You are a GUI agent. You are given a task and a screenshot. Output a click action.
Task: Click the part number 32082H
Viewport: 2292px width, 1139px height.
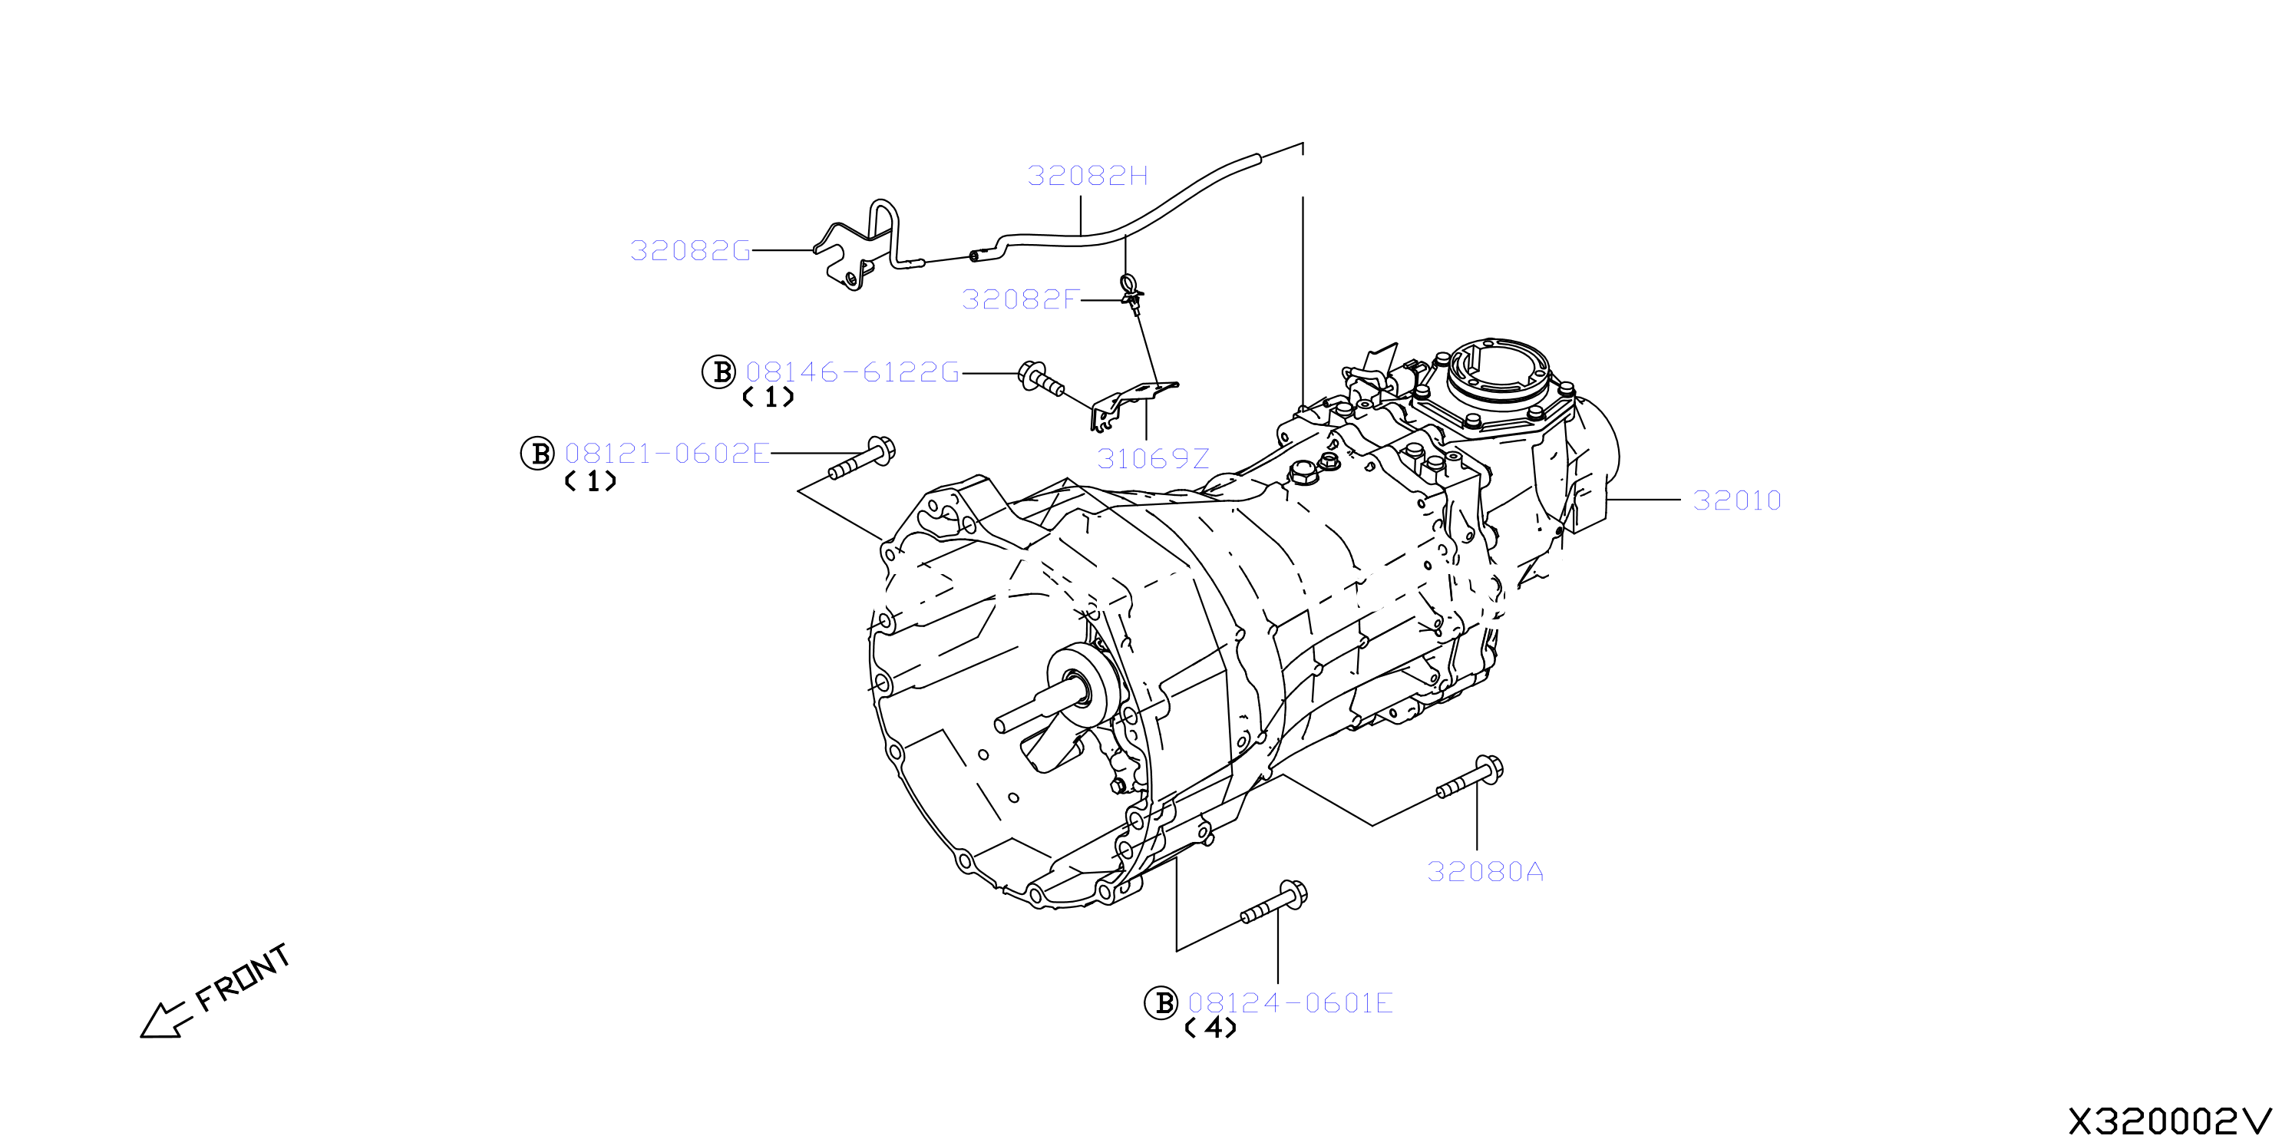tap(1087, 175)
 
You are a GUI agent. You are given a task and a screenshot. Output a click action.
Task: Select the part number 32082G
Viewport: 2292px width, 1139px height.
tap(691, 250)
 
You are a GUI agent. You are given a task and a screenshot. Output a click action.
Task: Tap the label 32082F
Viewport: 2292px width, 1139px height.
tap(1021, 299)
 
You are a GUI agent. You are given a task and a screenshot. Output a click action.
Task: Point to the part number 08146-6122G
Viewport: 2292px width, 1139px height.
tap(852, 372)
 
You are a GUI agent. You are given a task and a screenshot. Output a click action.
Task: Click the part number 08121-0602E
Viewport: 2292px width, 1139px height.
tap(667, 453)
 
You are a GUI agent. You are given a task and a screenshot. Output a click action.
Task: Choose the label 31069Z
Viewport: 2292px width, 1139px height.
tap(1153, 458)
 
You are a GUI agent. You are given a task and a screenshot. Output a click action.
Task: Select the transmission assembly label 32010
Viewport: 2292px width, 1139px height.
tap(1737, 500)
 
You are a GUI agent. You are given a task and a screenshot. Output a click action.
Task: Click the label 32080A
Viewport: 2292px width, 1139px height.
tap(1485, 871)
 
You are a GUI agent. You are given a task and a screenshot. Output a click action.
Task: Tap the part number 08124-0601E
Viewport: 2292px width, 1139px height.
tap(1290, 1003)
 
